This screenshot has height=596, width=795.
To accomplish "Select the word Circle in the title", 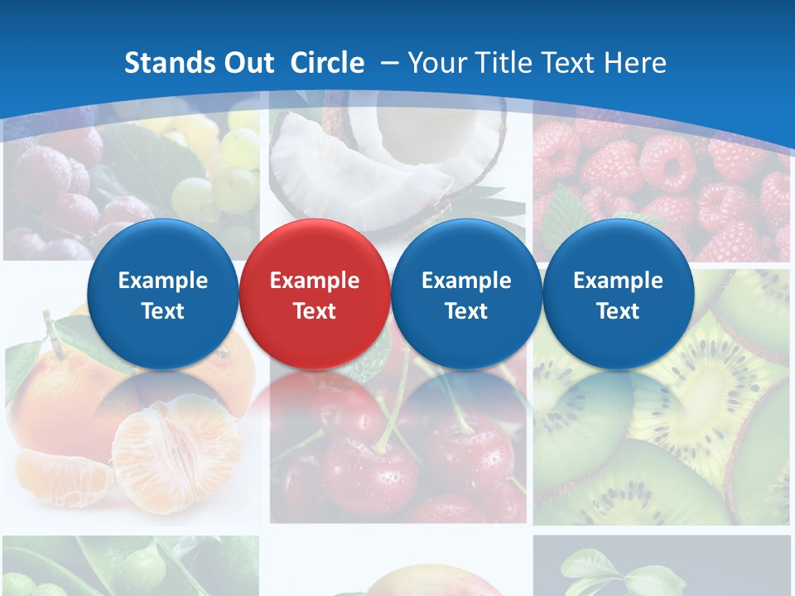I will tap(327, 63).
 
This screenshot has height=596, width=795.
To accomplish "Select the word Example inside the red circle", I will tap(314, 281).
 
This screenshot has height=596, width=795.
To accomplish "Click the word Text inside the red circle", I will tap(314, 311).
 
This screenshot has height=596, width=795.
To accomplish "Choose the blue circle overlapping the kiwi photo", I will tap(618, 294).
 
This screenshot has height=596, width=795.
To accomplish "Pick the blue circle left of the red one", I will tap(162, 294).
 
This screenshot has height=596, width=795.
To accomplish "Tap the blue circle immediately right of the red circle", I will tap(466, 294).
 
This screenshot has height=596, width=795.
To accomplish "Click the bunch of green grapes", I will tap(219, 170).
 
